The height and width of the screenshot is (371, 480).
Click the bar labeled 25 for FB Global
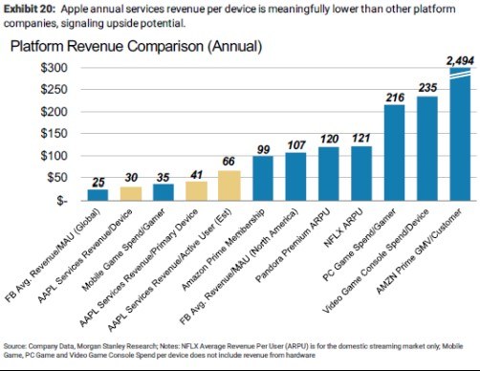coord(98,195)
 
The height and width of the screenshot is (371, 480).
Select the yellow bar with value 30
coord(131,193)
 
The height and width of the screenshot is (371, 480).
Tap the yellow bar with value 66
coord(229,185)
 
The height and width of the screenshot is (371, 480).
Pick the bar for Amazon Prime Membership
coord(263,178)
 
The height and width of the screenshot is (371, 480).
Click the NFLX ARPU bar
coord(361,173)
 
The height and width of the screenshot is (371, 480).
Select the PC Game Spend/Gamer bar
coord(394,152)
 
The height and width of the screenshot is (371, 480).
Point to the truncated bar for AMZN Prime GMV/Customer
coord(460,134)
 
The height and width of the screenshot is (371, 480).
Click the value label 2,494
coord(460,60)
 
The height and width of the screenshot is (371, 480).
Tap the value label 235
coord(427,88)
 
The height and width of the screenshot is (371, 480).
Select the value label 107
coord(296,145)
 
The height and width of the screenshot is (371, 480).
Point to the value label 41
coord(197,175)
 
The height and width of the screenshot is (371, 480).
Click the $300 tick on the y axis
coord(55,68)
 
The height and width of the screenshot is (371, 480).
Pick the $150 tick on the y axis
coord(55,134)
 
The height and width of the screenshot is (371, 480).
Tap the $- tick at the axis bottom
coord(61,201)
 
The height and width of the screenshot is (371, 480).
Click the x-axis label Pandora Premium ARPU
coord(293,245)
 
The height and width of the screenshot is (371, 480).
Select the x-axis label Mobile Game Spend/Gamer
coord(123,250)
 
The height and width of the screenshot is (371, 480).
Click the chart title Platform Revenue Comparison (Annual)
coord(137,46)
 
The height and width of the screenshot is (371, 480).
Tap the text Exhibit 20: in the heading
coord(30,9)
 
